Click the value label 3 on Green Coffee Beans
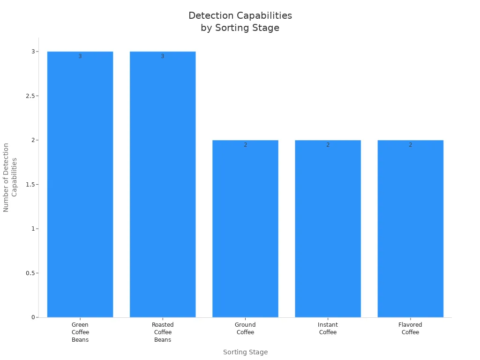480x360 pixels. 80,56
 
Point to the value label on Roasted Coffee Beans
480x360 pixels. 163,56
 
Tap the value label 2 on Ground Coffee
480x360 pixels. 245,145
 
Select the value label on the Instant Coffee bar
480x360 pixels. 328,145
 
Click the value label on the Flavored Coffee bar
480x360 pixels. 410,145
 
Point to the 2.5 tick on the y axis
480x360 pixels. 29,96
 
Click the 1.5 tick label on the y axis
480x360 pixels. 29,185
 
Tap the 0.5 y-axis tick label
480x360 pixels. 29,273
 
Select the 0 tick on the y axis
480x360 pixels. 33,317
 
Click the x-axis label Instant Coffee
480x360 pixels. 328,329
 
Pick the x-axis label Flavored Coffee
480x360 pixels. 410,329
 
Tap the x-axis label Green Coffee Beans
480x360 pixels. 80,332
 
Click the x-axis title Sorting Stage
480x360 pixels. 245,352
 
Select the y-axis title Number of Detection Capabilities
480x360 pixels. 10,177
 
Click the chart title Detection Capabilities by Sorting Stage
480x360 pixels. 240,22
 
